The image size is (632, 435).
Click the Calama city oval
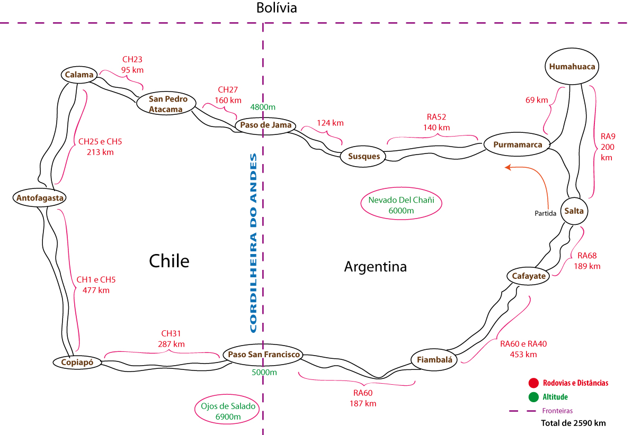pos(79,75)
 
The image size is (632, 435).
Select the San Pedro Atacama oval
pos(166,104)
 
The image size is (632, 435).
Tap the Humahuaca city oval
pos(572,67)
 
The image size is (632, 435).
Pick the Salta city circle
pos(574,211)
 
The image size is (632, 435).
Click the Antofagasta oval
pos(40,198)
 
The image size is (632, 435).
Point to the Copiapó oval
pos(77,362)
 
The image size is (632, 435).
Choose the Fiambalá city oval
pos(434,359)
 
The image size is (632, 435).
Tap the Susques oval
pos(363,156)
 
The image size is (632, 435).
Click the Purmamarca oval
pos(518,144)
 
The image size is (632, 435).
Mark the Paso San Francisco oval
pos(263,355)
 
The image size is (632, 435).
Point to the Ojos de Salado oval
pos(228,412)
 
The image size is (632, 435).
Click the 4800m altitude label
pos(263,107)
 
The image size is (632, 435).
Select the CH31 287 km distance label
pos(171,339)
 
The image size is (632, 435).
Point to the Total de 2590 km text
pos(573,423)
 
